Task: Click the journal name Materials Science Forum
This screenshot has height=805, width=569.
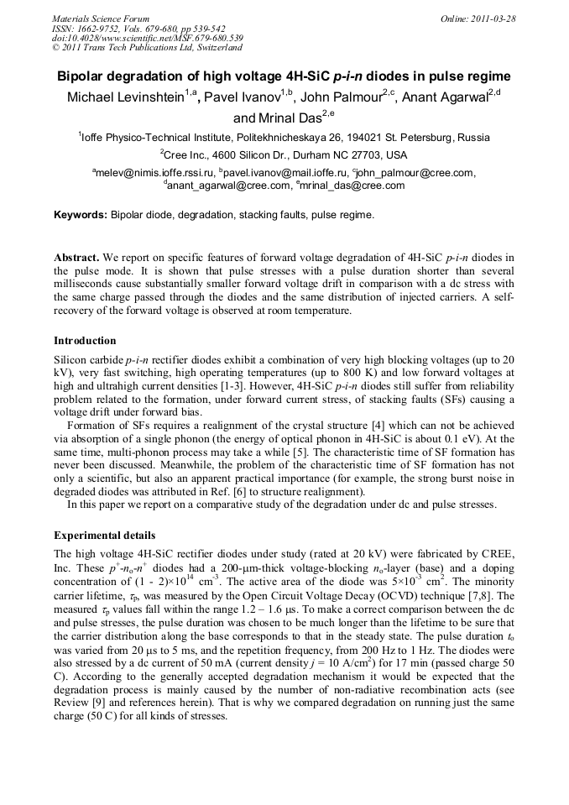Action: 100,18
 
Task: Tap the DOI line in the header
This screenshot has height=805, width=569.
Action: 147,38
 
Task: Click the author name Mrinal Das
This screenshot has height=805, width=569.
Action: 285,118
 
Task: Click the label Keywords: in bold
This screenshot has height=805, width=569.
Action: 81,215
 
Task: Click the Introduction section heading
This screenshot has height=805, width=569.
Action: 85,341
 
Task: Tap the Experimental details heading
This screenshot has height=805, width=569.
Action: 104,535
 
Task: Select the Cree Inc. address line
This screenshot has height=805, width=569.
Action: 284,154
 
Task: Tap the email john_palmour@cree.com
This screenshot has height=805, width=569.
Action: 416,173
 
